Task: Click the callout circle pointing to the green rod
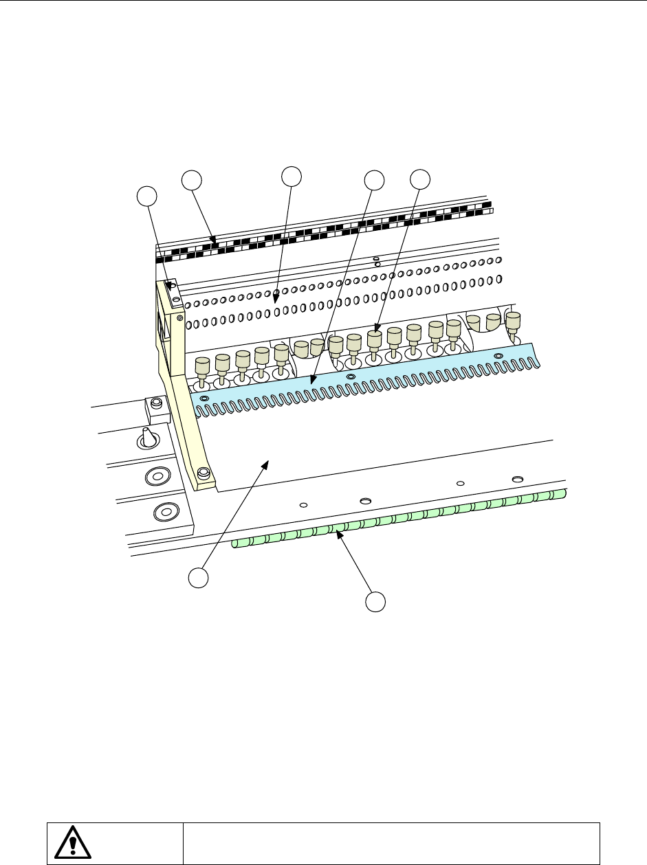375,602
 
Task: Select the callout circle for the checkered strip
192,181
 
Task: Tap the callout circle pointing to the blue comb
374,181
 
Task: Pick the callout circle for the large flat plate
199,578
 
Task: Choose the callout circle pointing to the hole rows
292,175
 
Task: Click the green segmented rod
399,519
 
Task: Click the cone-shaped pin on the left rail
148,438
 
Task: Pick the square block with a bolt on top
156,410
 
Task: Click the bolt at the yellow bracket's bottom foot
203,473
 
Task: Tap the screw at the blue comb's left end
204,398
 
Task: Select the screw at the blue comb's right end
499,355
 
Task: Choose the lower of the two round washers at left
164,511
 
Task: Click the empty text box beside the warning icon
391,842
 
